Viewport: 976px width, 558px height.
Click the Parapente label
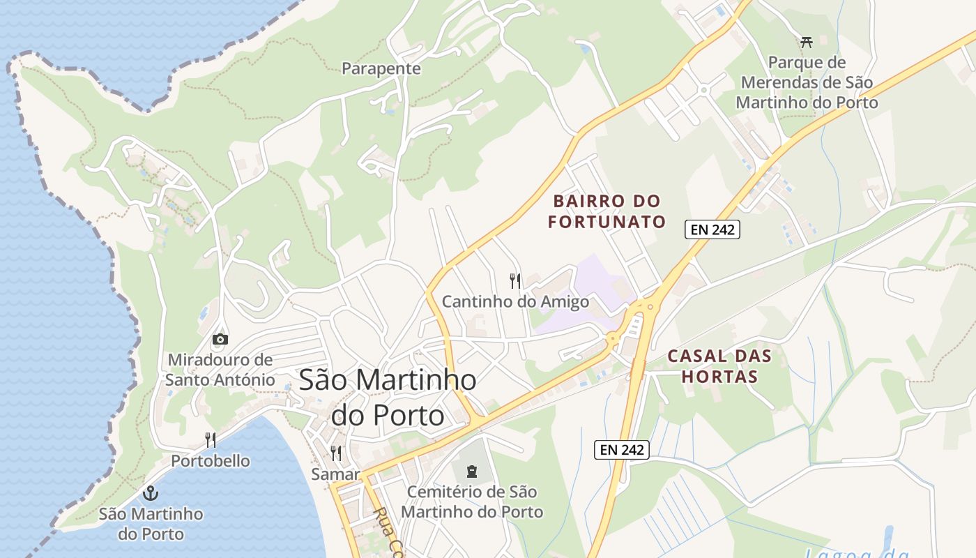pos(381,68)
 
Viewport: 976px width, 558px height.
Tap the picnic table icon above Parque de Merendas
pos(807,42)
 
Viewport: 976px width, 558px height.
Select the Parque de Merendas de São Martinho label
pos(807,82)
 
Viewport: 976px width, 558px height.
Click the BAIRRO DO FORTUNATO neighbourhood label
pos(607,211)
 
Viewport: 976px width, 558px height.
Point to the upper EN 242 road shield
pos(712,229)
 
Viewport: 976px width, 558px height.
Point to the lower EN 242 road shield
pos(622,450)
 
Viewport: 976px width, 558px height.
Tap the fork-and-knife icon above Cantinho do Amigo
pos(515,281)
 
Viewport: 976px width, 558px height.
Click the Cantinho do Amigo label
pos(515,302)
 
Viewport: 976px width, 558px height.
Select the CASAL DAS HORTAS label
pos(719,366)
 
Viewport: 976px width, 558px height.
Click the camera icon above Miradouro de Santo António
pos(220,340)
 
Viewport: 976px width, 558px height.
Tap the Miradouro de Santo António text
pos(220,370)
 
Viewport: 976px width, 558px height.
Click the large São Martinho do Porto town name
pos(388,397)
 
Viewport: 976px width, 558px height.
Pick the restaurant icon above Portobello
pos(211,439)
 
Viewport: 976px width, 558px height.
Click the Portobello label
pos(211,461)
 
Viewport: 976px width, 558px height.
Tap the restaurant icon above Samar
pos(336,453)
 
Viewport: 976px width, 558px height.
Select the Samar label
pos(335,474)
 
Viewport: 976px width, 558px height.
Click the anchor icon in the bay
pos(151,493)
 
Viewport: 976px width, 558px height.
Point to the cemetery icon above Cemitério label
pos(472,471)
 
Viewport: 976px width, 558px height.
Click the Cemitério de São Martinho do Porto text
pos(472,502)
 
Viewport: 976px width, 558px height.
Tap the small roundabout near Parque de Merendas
pos(703,90)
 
